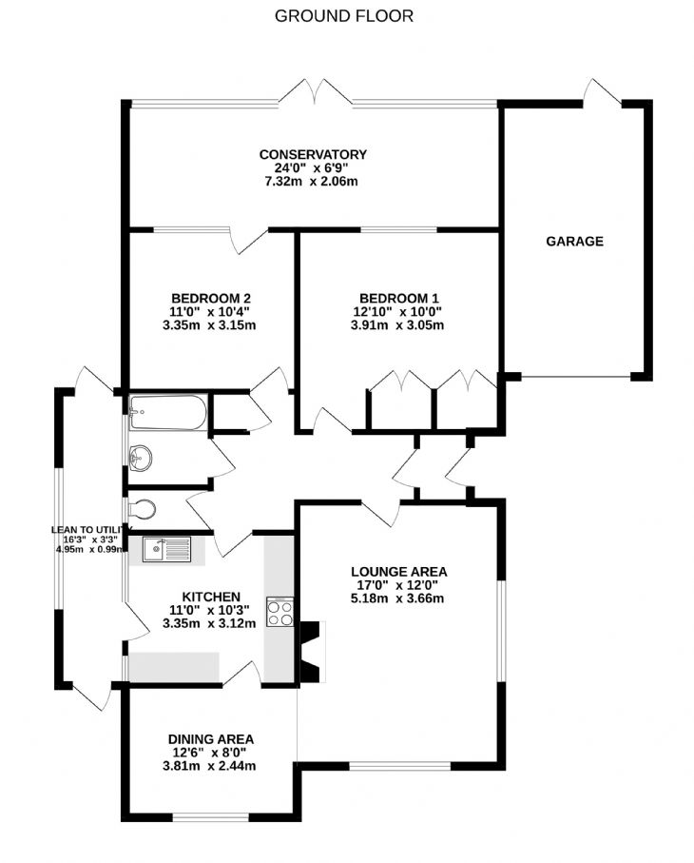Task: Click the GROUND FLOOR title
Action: pyautogui.click(x=344, y=16)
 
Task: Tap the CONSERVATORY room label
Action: pyautogui.click(x=313, y=155)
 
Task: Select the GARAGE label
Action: pyautogui.click(x=574, y=241)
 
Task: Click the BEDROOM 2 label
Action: pyautogui.click(x=211, y=299)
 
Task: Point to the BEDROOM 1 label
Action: pyautogui.click(x=398, y=299)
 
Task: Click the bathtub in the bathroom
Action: pyautogui.click(x=167, y=412)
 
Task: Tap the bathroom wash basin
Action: pyautogui.click(x=140, y=458)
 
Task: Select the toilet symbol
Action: pyautogui.click(x=142, y=509)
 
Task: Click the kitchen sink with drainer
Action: pyautogui.click(x=166, y=550)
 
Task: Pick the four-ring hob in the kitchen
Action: pyautogui.click(x=280, y=612)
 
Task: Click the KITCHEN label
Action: pyautogui.click(x=211, y=598)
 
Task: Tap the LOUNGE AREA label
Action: pyautogui.click(x=398, y=572)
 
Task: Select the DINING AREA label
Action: pyautogui.click(x=211, y=739)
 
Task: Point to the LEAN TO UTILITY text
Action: pyautogui.click(x=89, y=530)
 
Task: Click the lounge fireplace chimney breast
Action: pyautogui.click(x=311, y=652)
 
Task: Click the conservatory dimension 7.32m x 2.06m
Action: pyautogui.click(x=311, y=181)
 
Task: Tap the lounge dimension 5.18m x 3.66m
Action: pyautogui.click(x=397, y=598)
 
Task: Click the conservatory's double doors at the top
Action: pyautogui.click(x=315, y=92)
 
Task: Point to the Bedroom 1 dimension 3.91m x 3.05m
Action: pyautogui.click(x=397, y=324)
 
